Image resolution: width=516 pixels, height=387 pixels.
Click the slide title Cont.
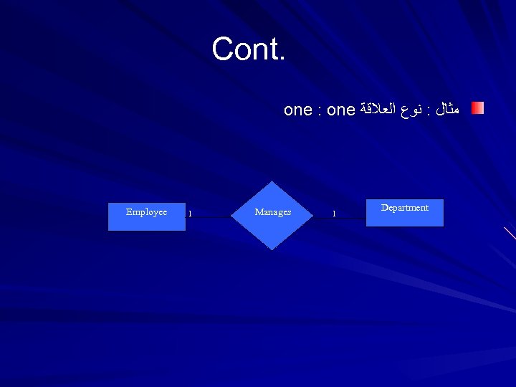coord(248,49)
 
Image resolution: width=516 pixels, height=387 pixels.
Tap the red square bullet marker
coord(477,108)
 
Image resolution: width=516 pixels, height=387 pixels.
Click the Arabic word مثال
coord(447,110)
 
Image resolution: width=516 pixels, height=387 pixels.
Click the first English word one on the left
coord(297,110)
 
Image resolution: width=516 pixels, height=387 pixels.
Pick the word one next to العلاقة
coord(341,110)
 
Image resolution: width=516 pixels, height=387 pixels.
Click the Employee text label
coord(146,212)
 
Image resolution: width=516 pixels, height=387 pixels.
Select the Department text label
coord(405,208)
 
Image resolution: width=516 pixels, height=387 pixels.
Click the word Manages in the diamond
coord(273,212)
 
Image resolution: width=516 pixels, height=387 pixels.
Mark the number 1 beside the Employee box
coord(190,214)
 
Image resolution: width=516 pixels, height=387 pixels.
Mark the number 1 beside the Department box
coord(333,214)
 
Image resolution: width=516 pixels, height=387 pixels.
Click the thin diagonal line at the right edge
coord(510,233)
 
